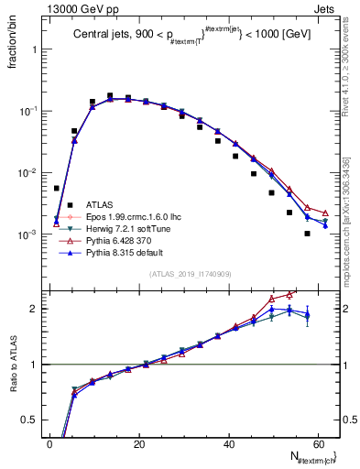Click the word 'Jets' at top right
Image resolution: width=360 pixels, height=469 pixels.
pyautogui.click(x=323, y=9)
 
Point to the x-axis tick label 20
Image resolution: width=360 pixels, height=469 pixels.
pyautogui.click(x=138, y=444)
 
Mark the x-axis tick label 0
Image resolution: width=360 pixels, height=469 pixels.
pyautogui.click(x=49, y=444)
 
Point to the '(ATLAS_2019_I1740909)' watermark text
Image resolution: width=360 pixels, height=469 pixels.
pyautogui.click(x=189, y=273)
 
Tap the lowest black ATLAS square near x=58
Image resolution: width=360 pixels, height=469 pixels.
pyautogui.click(x=307, y=234)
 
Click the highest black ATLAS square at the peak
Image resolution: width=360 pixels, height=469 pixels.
pyautogui.click(x=110, y=95)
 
